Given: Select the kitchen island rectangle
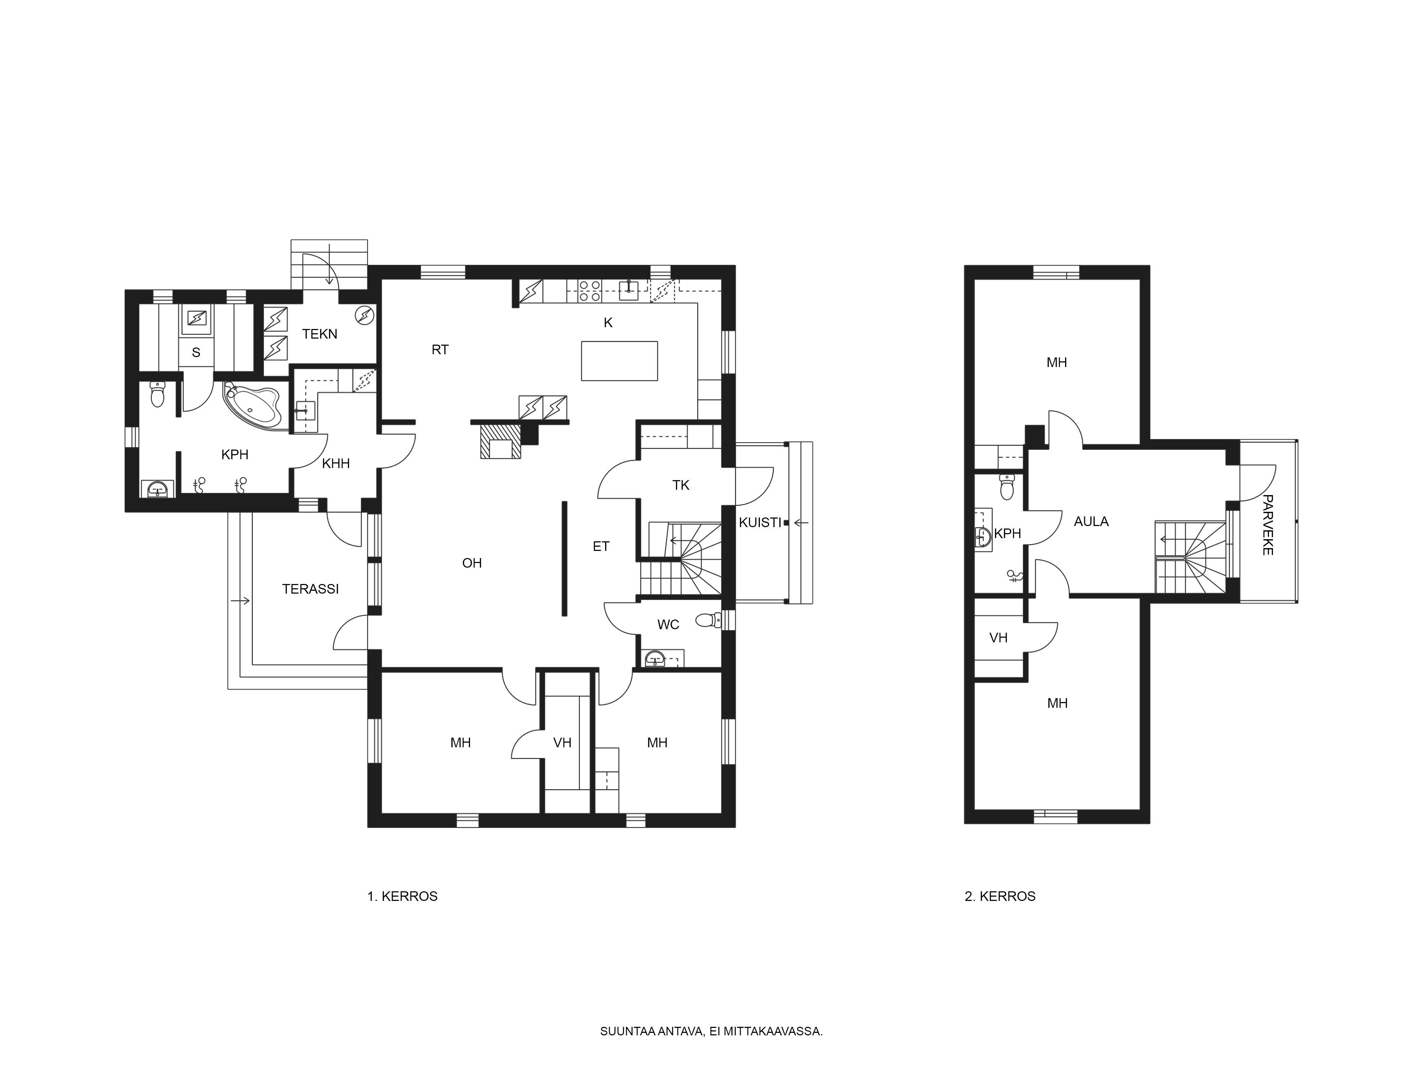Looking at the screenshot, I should click(x=619, y=361).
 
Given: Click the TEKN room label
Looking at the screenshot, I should click(x=320, y=334).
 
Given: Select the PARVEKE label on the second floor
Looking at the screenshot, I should click(x=1267, y=524).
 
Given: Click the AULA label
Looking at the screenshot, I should click(x=1091, y=522).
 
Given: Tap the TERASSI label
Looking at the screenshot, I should click(x=310, y=589).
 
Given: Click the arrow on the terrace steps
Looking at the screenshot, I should click(x=240, y=601).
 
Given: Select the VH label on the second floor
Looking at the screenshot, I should click(x=998, y=637).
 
